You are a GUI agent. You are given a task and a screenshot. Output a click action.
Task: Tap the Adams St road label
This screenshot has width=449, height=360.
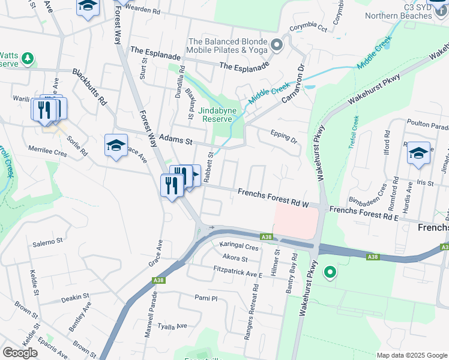point(180,142)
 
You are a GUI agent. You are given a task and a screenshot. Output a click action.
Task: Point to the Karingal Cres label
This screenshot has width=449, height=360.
point(238,247)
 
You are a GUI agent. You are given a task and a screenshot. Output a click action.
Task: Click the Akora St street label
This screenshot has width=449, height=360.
point(235,259)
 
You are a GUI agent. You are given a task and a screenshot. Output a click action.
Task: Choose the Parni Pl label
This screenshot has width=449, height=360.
point(205,298)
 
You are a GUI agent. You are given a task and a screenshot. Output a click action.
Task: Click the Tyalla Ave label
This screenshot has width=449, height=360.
point(172,327)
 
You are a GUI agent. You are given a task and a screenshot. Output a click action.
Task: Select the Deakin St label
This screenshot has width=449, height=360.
point(75,296)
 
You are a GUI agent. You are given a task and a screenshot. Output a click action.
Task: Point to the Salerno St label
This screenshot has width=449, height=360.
point(47,242)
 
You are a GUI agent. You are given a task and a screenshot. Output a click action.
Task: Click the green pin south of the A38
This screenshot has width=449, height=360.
point(330,273)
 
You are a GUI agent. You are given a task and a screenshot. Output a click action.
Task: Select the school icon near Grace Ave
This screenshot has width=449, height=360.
point(116,145)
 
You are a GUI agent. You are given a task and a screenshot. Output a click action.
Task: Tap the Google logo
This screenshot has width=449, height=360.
point(20,353)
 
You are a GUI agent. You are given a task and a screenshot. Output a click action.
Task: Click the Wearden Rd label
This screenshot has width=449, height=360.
point(143,11)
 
